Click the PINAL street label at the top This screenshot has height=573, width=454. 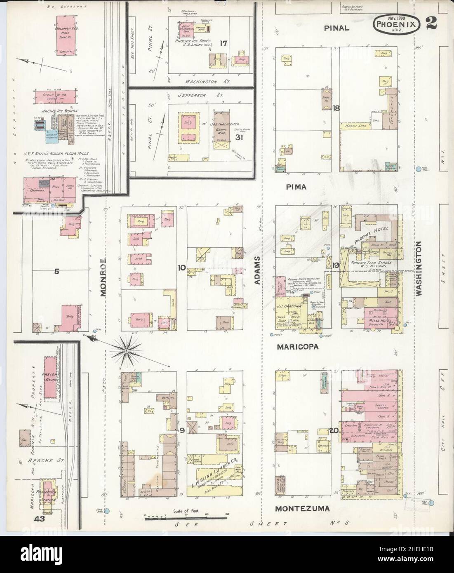click(336, 28)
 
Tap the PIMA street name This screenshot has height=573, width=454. click(296, 187)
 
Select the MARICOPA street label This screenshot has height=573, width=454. click(298, 347)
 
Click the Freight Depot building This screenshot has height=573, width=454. click(50, 377)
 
